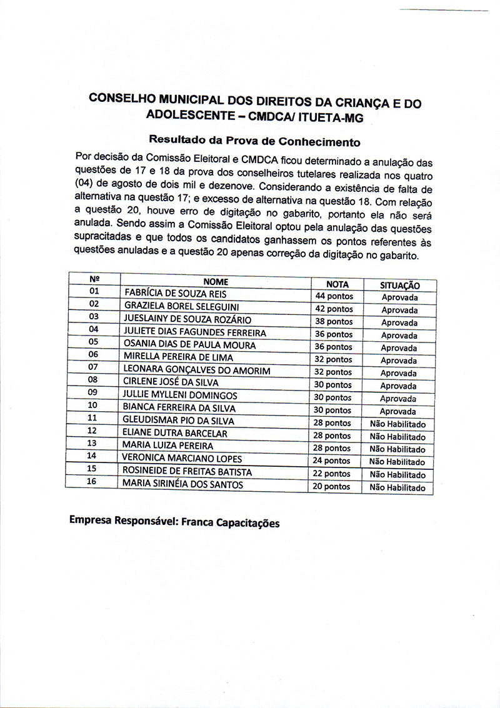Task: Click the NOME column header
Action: coord(216,282)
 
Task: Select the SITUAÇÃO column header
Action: coord(399,285)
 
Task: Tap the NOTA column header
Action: coord(337,284)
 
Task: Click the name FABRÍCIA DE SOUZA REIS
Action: coord(176,293)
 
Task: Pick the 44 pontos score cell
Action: coord(334,296)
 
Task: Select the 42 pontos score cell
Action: coord(334,309)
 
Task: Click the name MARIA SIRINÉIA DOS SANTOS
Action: coord(182,484)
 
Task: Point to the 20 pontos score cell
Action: coord(332,486)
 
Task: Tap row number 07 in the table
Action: coord(93,367)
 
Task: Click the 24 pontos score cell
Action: coord(332,461)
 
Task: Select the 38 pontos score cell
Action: coord(334,321)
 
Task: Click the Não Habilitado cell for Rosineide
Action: coord(397,474)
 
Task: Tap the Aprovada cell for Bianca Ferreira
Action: coord(398,411)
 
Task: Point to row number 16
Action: coord(92,481)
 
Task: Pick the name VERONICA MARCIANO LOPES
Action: coord(182,458)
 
